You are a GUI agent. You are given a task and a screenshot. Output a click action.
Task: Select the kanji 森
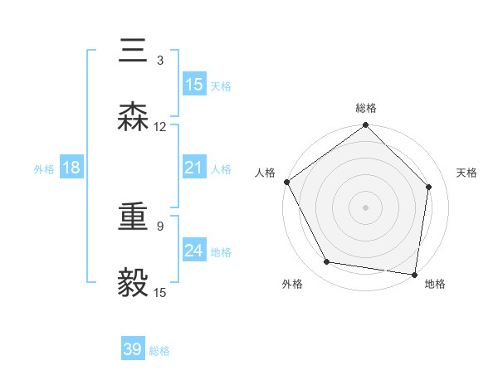(134, 119)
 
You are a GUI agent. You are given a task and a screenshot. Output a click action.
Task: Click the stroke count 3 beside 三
(160, 60)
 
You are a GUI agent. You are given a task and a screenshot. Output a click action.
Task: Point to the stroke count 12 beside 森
(160, 126)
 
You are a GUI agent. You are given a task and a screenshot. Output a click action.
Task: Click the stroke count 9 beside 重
(160, 226)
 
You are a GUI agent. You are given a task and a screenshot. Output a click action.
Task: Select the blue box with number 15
(194, 85)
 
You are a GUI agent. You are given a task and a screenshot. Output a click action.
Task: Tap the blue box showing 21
(194, 168)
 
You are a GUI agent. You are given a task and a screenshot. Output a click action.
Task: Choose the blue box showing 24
(194, 251)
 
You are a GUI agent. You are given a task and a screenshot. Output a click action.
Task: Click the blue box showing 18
(71, 168)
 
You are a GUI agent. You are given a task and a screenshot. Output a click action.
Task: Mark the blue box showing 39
(133, 349)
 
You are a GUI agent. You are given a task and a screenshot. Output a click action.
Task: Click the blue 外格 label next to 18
(44, 168)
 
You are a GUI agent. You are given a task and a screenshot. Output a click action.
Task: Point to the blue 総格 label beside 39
(159, 351)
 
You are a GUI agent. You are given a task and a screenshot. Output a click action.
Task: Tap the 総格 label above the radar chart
(366, 108)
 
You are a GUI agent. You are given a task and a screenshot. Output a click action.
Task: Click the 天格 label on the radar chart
(467, 173)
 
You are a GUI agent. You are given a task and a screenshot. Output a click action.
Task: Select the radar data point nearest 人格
(287, 182)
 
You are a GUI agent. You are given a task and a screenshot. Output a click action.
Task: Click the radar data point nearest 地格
(414, 274)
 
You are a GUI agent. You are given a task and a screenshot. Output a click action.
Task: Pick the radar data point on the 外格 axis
(327, 262)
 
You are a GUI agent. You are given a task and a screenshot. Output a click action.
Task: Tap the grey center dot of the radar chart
(366, 207)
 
